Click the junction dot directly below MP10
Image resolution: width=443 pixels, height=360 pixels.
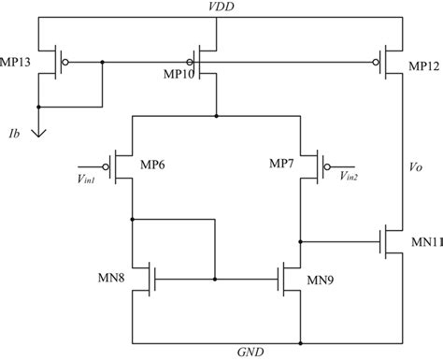pos(217,116)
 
